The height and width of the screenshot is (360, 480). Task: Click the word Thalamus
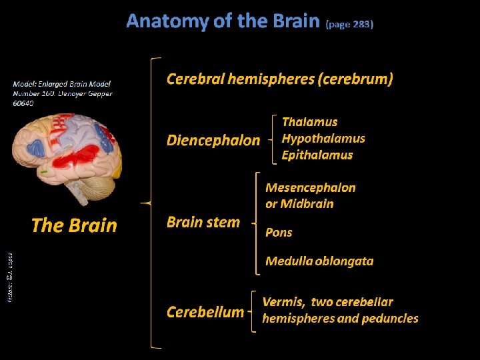pyautogui.click(x=309, y=122)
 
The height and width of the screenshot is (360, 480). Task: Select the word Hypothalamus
pyautogui.click(x=323, y=139)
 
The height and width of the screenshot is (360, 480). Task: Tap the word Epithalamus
pyautogui.click(x=317, y=155)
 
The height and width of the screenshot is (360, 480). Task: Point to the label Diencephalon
pyautogui.click(x=213, y=140)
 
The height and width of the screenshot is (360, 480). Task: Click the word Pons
pyautogui.click(x=279, y=232)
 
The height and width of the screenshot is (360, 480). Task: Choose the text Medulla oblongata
pyautogui.click(x=319, y=261)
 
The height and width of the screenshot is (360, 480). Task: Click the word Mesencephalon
pyautogui.click(x=311, y=188)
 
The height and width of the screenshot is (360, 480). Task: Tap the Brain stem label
pyautogui.click(x=203, y=223)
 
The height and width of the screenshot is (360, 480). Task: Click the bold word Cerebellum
pyautogui.click(x=205, y=312)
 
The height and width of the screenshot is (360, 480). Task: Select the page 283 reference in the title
pyautogui.click(x=349, y=24)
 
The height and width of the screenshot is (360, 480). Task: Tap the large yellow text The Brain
pyautogui.click(x=74, y=225)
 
